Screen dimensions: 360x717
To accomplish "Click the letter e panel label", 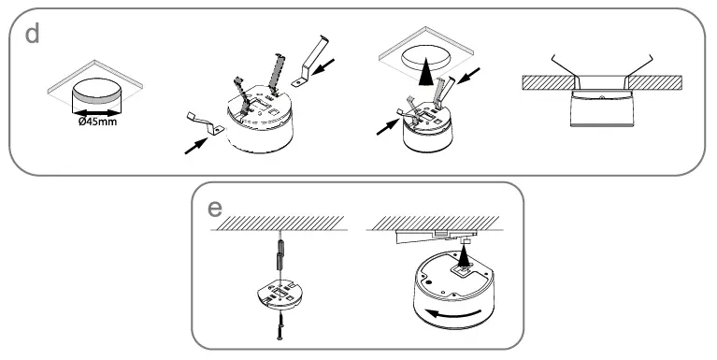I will pyautogui.click(x=214, y=208).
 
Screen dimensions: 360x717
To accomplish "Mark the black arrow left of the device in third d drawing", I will pyautogui.click(x=385, y=127).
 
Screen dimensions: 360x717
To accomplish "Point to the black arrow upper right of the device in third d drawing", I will pyautogui.click(x=470, y=76).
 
